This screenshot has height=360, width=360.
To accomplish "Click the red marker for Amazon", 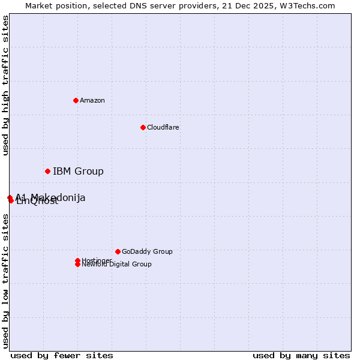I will [x=76, y=100].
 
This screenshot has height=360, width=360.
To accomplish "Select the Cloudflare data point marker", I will [x=143, y=127].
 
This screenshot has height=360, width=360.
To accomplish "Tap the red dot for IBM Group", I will [x=47, y=172].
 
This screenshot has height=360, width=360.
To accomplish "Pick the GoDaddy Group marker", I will [x=118, y=251].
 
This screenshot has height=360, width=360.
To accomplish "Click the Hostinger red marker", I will [x=77, y=260].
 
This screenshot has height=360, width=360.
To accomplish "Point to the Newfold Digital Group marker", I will [x=77, y=265].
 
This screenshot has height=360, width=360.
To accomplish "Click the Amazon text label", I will [x=92, y=100].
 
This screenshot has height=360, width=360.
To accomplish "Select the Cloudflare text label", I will [x=163, y=127].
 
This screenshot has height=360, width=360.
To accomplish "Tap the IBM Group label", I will [x=78, y=172].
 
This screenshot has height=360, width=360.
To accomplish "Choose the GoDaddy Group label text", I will [x=147, y=251].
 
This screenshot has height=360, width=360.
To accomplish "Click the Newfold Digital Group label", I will [x=117, y=265].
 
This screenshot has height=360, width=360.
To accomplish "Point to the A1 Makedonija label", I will [x=50, y=197].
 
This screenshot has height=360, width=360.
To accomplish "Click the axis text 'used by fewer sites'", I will [x=62, y=355].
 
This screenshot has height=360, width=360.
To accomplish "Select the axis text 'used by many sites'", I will [x=301, y=355].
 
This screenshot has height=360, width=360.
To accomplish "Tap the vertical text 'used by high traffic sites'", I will [x=6, y=85].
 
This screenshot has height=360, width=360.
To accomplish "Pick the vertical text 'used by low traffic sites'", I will [x=6, y=281].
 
